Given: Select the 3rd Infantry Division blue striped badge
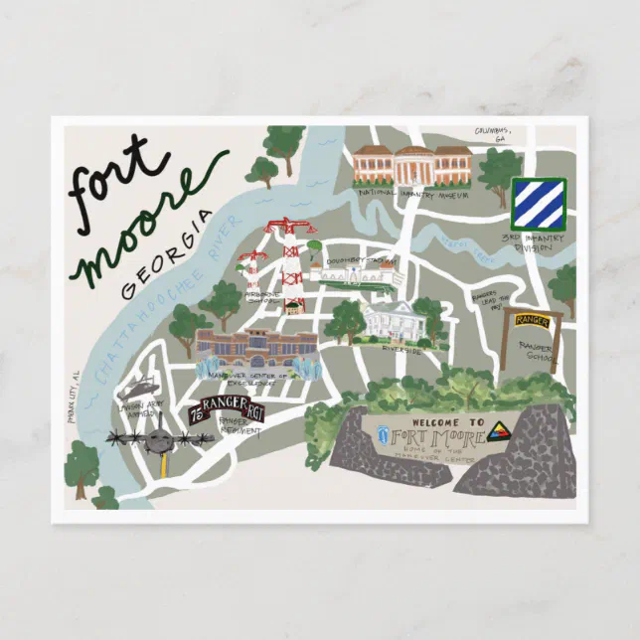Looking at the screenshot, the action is (x=538, y=203).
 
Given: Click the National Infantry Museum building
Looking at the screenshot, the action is (x=411, y=164).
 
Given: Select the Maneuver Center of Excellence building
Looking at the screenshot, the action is (x=256, y=348).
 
